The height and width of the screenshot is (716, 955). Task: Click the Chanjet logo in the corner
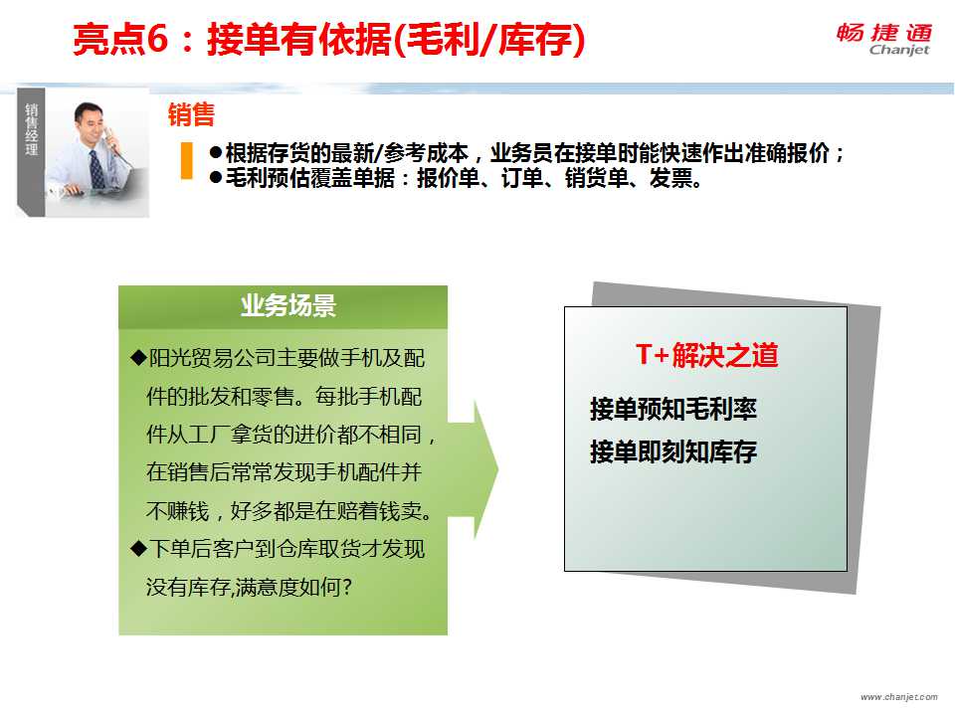883,40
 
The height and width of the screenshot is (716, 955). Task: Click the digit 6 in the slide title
157,39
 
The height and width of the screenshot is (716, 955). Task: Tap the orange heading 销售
191,114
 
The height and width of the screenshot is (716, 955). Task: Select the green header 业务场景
288,305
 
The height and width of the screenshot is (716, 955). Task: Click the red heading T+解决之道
706,354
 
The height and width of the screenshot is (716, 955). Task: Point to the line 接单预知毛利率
673,409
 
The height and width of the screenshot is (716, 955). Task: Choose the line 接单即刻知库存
673,451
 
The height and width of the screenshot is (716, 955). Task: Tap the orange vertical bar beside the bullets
187,161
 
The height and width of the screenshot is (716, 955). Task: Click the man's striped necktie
96,169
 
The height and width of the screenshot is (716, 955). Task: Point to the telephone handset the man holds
108,137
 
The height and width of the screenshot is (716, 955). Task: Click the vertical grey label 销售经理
31,129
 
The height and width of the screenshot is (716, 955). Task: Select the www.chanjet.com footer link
899,696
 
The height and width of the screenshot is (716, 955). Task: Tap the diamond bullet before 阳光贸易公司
138,357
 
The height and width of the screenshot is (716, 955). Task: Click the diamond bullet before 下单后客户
138,549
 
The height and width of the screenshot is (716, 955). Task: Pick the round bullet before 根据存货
216,152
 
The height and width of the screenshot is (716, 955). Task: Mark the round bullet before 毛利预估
216,178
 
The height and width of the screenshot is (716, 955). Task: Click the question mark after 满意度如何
346,587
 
